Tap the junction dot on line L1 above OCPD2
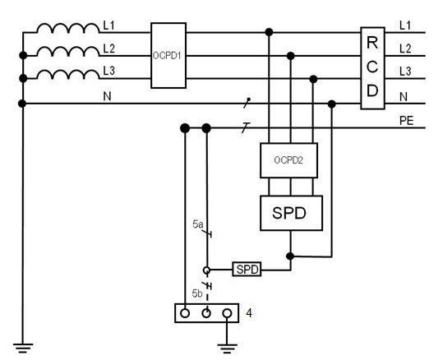(269, 32)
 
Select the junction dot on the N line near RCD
(332, 104)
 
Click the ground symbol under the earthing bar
(227, 348)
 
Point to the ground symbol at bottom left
(23, 348)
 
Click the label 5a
(198, 224)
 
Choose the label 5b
(197, 293)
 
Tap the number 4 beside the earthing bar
(249, 313)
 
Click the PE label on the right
(406, 121)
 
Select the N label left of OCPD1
(107, 96)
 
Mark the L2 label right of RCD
(405, 48)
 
